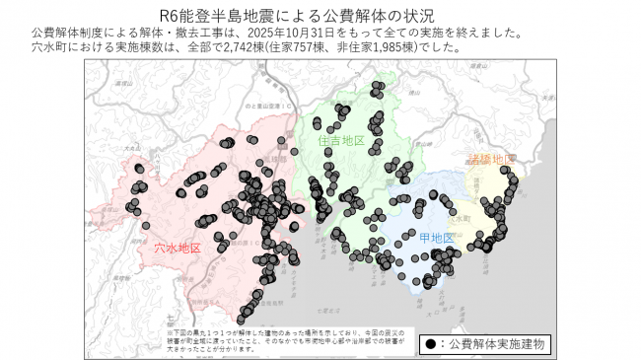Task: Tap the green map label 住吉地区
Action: point(341,141)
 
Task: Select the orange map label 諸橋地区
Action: point(490,159)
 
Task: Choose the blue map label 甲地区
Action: point(436,239)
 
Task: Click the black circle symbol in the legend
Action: point(431,344)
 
